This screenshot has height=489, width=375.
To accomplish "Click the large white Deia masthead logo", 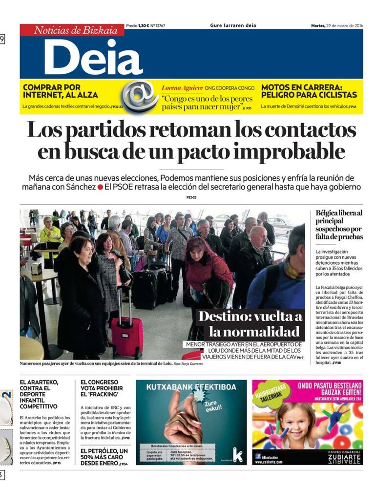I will pos(93,57).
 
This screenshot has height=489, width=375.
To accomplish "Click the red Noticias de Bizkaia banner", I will pos(72,30).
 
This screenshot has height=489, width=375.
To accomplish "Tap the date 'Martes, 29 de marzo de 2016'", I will pos(337,25).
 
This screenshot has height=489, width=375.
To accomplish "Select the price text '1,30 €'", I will pos(143,25).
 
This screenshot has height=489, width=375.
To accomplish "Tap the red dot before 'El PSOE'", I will pos(100,187).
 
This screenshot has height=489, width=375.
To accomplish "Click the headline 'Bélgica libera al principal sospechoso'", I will pos(339,225).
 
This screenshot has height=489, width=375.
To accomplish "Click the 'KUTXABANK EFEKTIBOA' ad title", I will pos(190,387).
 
